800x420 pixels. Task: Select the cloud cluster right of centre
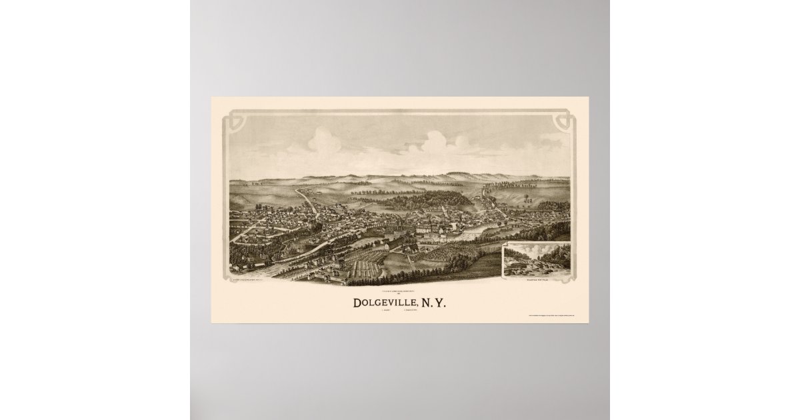(437, 141)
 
